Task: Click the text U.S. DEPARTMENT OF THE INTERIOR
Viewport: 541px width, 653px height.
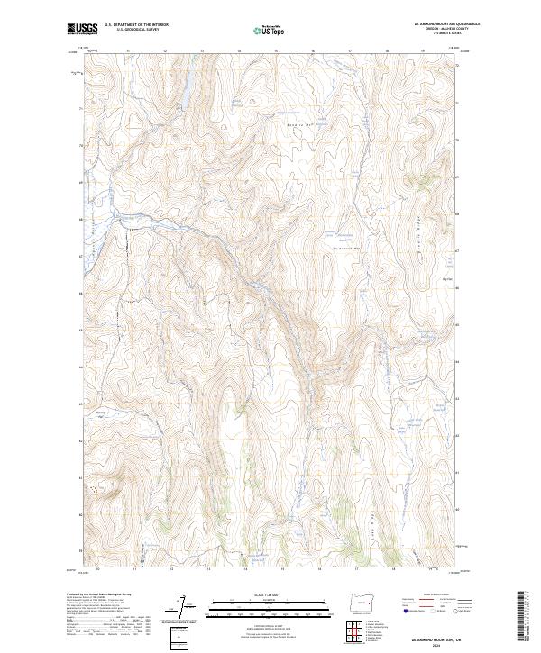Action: coord(136,24)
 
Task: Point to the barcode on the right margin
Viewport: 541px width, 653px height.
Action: coord(521,619)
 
